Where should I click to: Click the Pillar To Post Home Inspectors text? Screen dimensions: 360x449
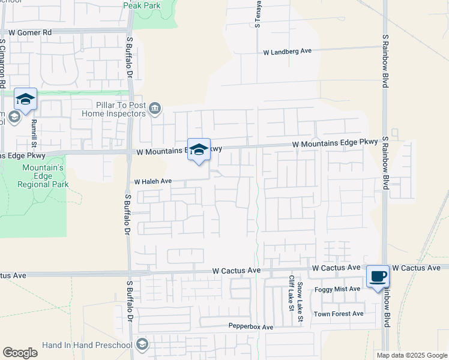[113, 109]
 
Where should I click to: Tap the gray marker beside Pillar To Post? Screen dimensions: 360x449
[155, 108]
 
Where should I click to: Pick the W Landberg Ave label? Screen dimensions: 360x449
[288, 52]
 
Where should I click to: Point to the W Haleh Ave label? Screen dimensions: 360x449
[153, 181]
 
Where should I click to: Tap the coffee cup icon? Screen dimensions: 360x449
[378, 277]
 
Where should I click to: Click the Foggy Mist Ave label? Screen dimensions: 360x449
[338, 289]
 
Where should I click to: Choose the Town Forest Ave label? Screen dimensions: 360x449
[339, 314]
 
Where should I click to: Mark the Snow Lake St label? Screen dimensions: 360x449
[300, 304]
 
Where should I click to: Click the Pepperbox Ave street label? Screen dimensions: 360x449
[251, 327]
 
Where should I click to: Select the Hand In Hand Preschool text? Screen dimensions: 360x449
[88, 346]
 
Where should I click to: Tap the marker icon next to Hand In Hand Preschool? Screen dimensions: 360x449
[142, 345]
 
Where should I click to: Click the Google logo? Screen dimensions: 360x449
[20, 353]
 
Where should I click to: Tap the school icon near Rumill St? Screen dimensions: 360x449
[26, 98]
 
